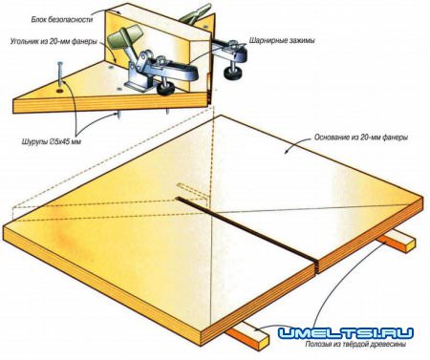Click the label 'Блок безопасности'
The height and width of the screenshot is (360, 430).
tap(62, 20)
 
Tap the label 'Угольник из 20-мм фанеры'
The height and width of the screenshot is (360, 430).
tap(54, 41)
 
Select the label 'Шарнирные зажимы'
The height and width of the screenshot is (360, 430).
tap(282, 41)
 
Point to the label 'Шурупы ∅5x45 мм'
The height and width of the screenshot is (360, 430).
tap(52, 141)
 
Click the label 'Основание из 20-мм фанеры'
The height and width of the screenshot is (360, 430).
tap(361, 138)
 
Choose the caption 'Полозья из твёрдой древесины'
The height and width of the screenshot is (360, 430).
tap(355, 344)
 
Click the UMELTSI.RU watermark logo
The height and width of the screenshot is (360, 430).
tap(346, 333)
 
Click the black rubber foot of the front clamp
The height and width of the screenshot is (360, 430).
tap(166, 90)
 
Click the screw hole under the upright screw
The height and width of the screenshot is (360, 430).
tap(59, 92)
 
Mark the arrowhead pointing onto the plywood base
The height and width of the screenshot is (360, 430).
tap(288, 151)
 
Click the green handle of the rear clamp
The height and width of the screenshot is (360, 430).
tap(195, 12)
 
